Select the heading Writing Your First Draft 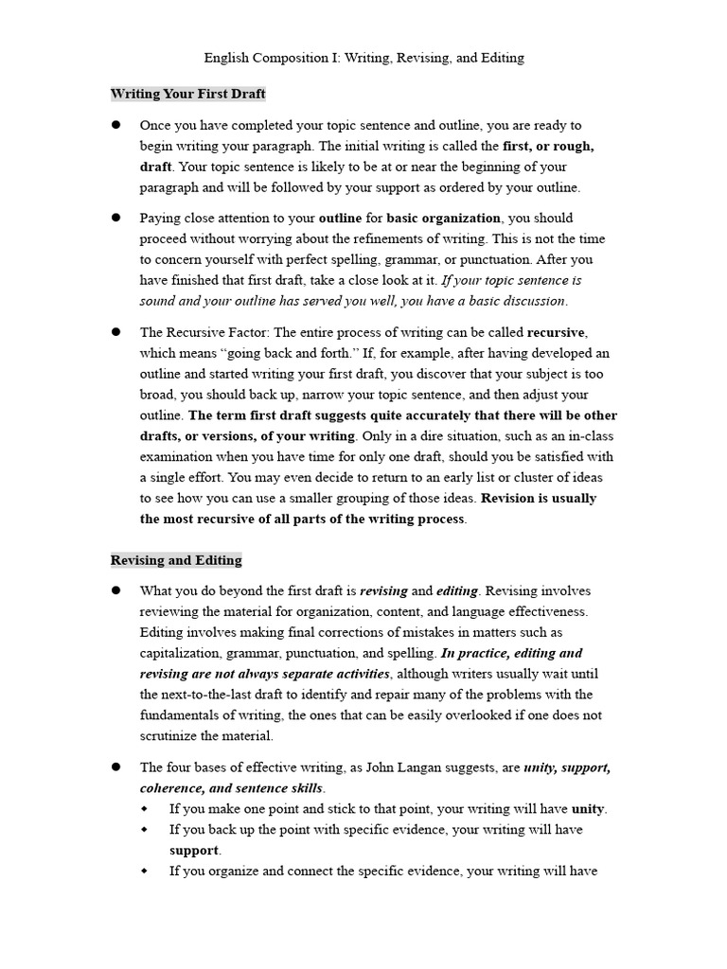[x=187, y=94]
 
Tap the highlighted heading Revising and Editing [x=176, y=560]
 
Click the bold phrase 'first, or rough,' [x=549, y=146]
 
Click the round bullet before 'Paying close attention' [x=116, y=218]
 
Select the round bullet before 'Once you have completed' [x=116, y=125]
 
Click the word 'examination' [x=177, y=457]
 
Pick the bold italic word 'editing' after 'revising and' [x=457, y=590]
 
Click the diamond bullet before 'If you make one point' [x=145, y=809]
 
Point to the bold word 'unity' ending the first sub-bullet [x=588, y=809]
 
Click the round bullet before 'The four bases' [x=116, y=767]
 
